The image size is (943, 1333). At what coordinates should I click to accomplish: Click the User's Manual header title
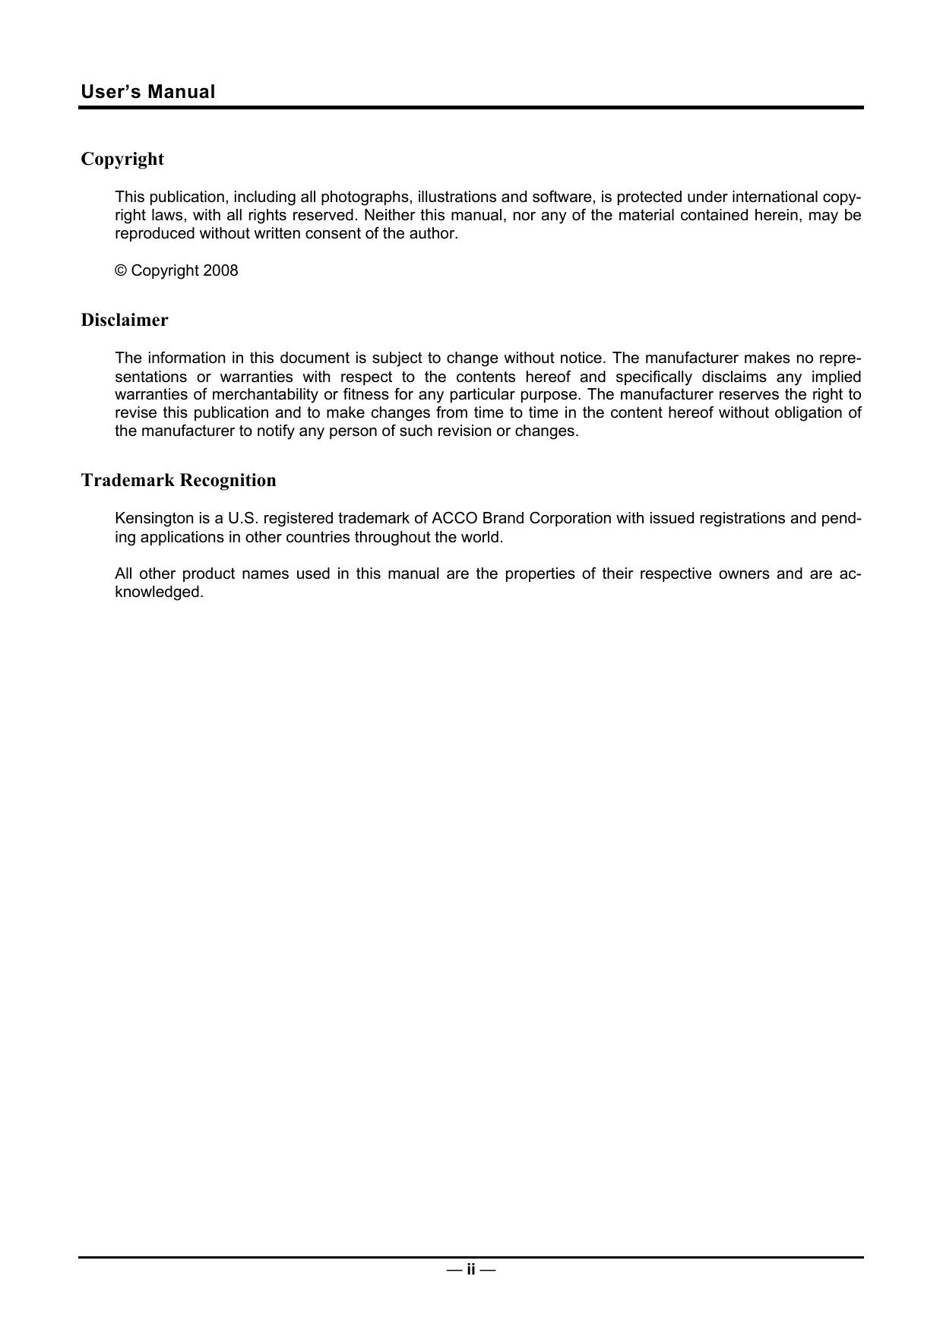point(148,92)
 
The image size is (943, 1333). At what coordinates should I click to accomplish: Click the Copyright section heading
point(122,159)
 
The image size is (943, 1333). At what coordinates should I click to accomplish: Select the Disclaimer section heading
point(125,320)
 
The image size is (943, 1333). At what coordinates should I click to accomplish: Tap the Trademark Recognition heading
point(179,480)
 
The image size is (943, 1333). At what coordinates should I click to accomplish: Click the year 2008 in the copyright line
point(220,270)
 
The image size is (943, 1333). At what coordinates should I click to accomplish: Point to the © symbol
point(120,270)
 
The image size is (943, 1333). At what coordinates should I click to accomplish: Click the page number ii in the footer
point(471,1269)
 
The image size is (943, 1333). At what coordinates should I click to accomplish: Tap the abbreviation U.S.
point(243,518)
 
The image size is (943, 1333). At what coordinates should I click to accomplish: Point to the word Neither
point(389,215)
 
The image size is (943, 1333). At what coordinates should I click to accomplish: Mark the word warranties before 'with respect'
point(256,377)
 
